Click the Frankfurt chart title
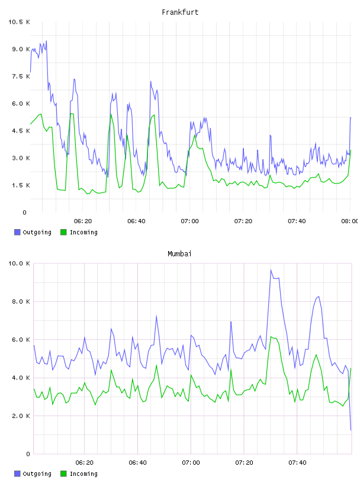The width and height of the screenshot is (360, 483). (180, 12)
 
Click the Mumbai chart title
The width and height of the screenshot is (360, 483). (179, 254)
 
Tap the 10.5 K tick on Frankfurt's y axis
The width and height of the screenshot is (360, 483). (19, 22)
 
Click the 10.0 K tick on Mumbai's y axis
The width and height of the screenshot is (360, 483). (19, 263)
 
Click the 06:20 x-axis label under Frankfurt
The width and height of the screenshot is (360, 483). (83, 221)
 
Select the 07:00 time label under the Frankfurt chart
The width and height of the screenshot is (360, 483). (189, 221)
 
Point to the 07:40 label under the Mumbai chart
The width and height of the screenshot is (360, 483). (297, 463)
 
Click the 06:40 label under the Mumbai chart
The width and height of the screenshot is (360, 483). (137, 463)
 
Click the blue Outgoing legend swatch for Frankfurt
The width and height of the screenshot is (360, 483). (17, 232)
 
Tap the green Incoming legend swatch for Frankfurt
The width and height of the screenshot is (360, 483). (63, 232)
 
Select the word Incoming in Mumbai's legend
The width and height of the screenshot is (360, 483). (83, 474)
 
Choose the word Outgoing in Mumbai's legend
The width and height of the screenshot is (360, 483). (37, 474)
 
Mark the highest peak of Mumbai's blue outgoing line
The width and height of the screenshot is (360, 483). (271, 270)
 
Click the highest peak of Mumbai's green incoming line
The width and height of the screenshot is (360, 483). (271, 337)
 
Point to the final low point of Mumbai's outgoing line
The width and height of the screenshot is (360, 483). (351, 430)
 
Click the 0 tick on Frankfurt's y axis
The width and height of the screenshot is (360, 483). (25, 212)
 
